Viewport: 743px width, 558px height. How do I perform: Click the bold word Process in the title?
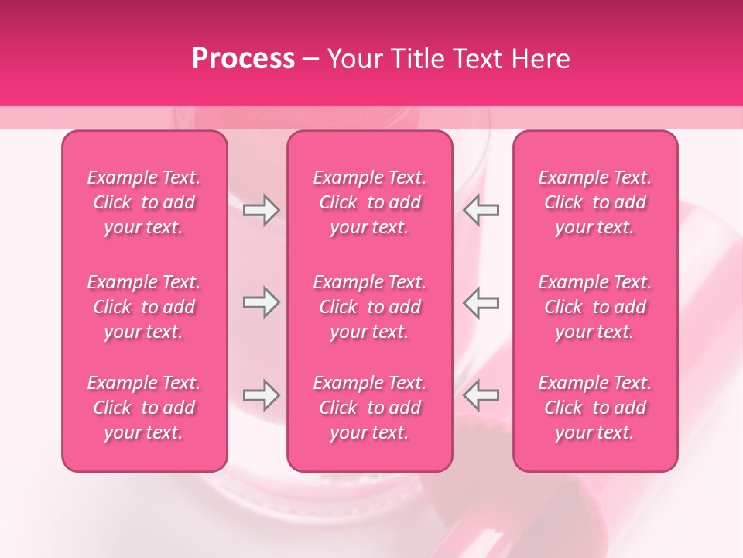[x=243, y=59]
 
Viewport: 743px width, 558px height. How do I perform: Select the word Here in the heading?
[x=541, y=59]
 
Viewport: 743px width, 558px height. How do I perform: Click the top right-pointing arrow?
[x=261, y=210]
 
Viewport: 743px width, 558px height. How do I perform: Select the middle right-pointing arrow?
[x=261, y=303]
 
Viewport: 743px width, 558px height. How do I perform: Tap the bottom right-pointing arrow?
[x=261, y=395]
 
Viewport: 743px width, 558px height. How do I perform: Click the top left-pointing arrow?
[x=481, y=210]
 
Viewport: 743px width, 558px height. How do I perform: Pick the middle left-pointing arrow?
[x=481, y=303]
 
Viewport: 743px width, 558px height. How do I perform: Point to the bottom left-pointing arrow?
[x=481, y=395]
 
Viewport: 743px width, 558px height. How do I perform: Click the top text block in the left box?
[x=144, y=202]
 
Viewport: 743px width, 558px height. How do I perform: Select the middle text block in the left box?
[x=144, y=307]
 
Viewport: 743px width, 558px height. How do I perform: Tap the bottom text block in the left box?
[x=144, y=408]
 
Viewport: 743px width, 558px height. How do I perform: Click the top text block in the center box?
[x=369, y=202]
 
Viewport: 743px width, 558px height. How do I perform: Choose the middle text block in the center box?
[x=369, y=307]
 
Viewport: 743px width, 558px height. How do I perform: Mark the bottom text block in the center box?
[x=369, y=408]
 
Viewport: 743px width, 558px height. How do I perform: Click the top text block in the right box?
[x=595, y=202]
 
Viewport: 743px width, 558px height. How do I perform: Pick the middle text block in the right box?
[x=595, y=307]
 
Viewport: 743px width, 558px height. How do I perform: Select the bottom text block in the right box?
[x=595, y=408]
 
